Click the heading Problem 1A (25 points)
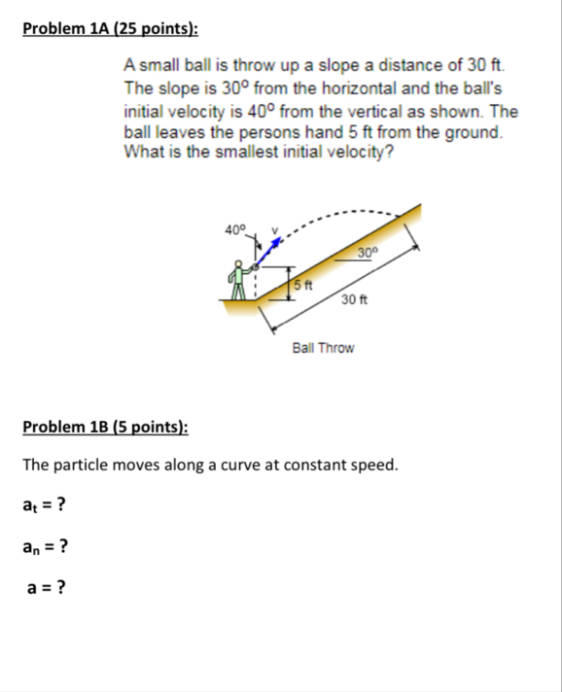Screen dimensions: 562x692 [110, 28]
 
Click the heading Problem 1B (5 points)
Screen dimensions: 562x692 [106, 427]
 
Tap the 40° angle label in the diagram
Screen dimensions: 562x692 [234, 229]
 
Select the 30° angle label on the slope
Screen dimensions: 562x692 [366, 255]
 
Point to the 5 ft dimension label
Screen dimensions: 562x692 [302, 285]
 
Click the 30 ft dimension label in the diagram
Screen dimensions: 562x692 [354, 301]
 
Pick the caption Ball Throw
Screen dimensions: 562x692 [323, 347]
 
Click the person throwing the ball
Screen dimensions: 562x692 [239, 281]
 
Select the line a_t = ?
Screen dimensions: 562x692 [45, 504]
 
